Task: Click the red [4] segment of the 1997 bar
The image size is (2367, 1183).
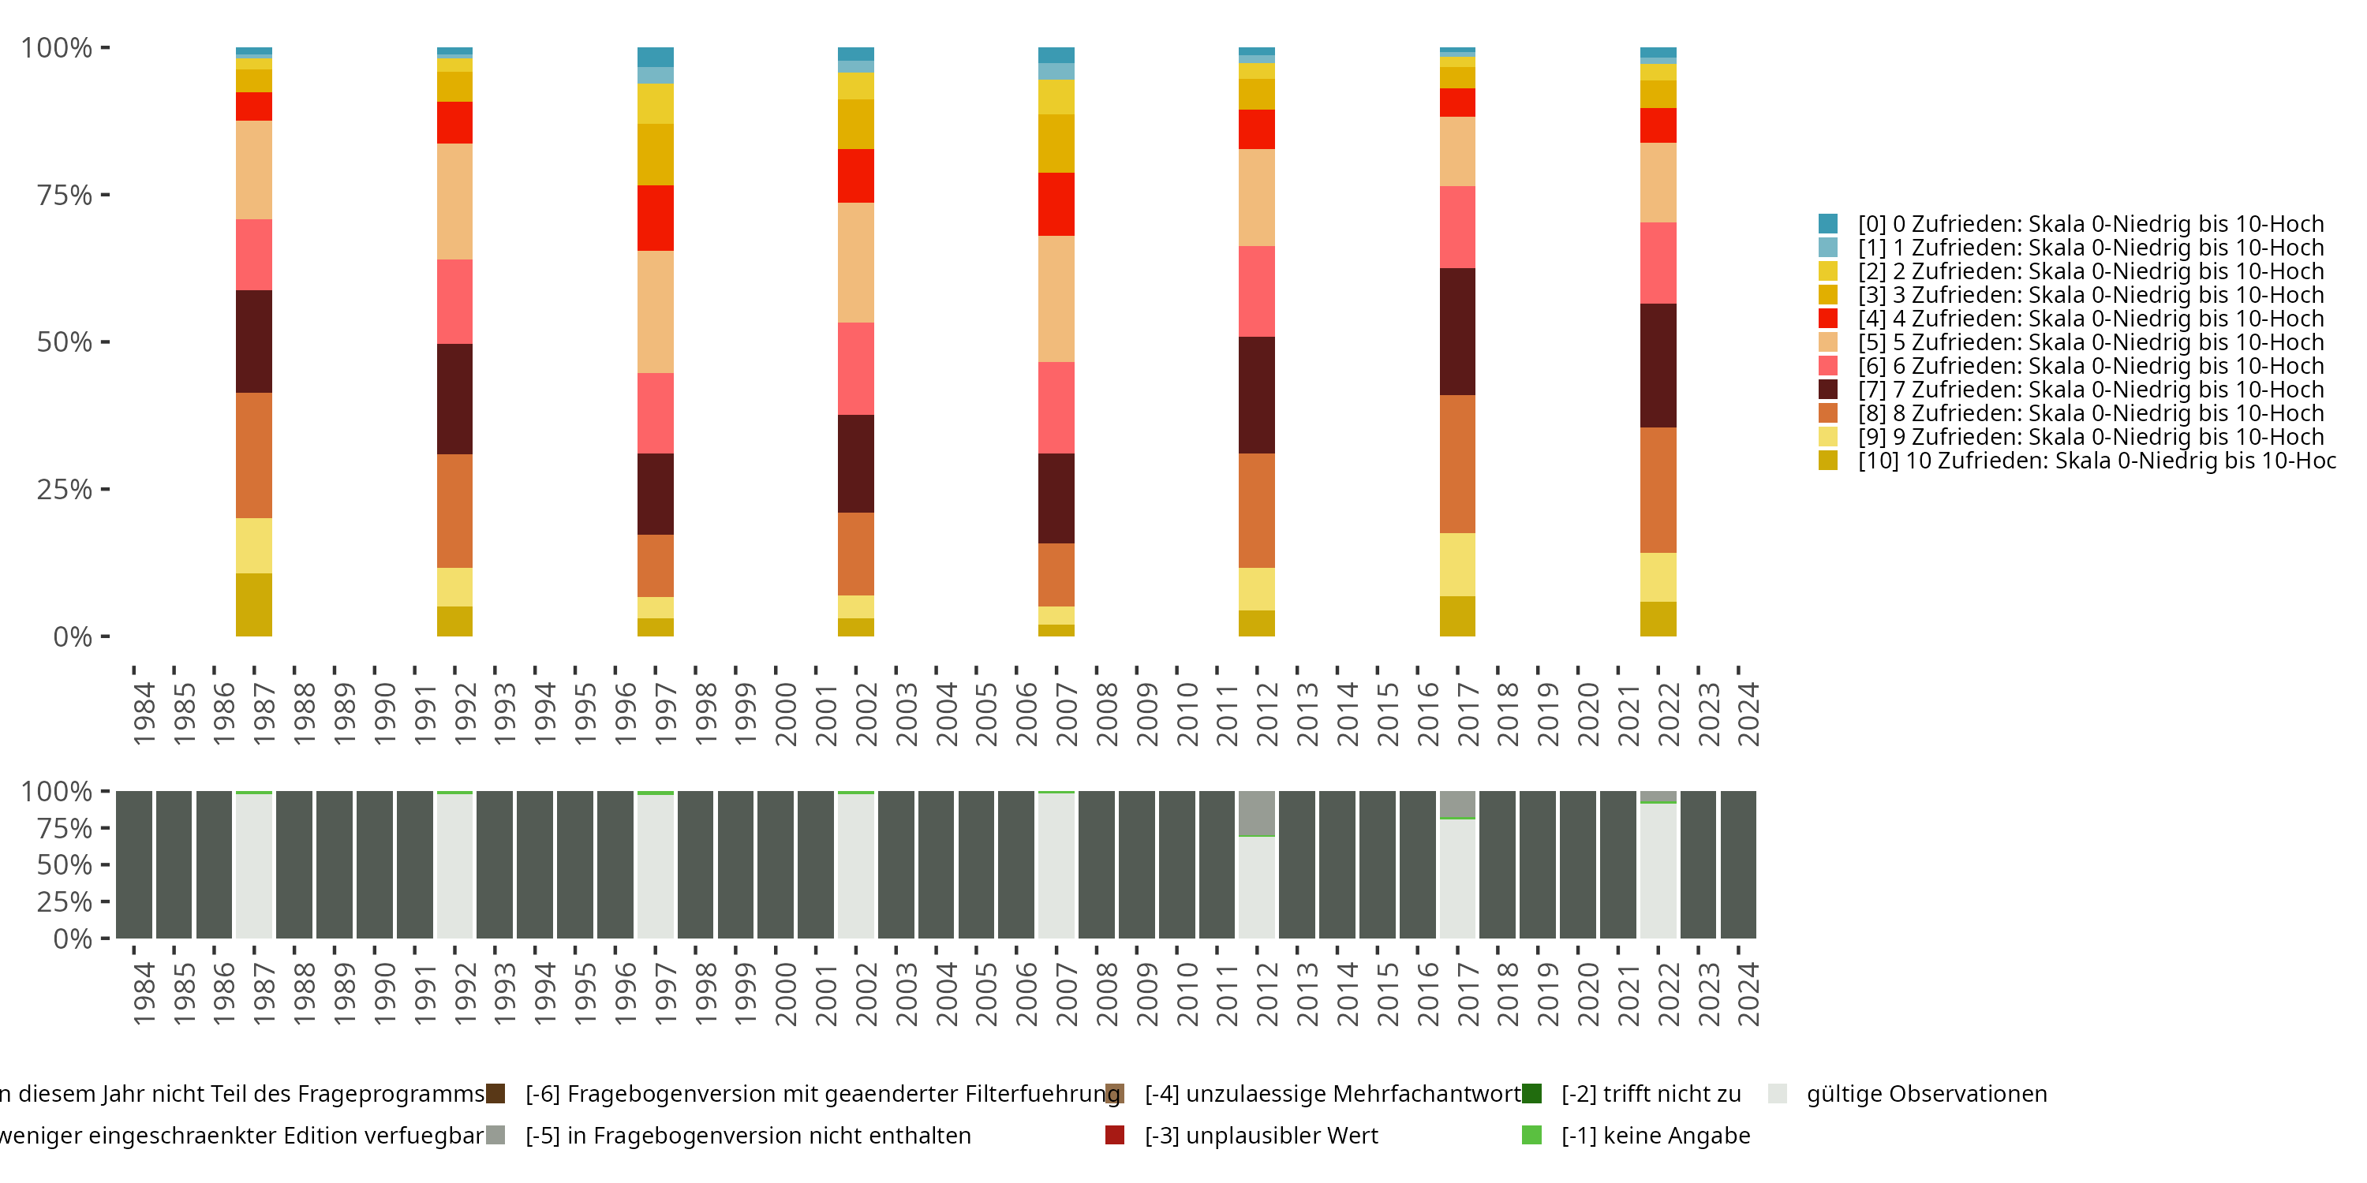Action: pyautogui.click(x=655, y=218)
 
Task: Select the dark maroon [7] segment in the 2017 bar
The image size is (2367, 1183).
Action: pyautogui.click(x=1457, y=331)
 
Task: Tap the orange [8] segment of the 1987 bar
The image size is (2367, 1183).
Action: pyautogui.click(x=253, y=456)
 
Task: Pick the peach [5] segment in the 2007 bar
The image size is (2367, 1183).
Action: pyautogui.click(x=1056, y=298)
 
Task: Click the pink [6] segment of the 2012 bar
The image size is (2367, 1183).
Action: pyautogui.click(x=1256, y=291)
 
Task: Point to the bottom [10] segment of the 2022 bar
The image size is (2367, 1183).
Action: pyautogui.click(x=1658, y=619)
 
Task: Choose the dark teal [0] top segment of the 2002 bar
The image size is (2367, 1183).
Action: pyautogui.click(x=855, y=54)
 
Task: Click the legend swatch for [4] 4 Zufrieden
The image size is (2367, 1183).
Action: pyautogui.click(x=1827, y=319)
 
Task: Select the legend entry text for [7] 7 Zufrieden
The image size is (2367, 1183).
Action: pyautogui.click(x=2090, y=390)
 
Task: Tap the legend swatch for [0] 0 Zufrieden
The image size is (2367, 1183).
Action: pyautogui.click(x=1827, y=223)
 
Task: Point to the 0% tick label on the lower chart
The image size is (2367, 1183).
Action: pyautogui.click(x=72, y=939)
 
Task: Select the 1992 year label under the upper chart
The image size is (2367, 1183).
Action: pyautogui.click(x=465, y=714)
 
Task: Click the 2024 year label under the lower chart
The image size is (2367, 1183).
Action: pyautogui.click(x=1748, y=994)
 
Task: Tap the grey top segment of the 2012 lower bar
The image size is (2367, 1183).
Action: pyautogui.click(x=1256, y=813)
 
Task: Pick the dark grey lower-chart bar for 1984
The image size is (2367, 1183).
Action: pyautogui.click(x=134, y=864)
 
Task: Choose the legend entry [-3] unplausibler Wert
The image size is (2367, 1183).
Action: pyautogui.click(x=1261, y=1135)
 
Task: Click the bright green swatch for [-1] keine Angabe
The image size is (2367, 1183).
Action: pyautogui.click(x=1531, y=1135)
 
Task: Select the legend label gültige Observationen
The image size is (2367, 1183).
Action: pyautogui.click(x=1926, y=1094)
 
